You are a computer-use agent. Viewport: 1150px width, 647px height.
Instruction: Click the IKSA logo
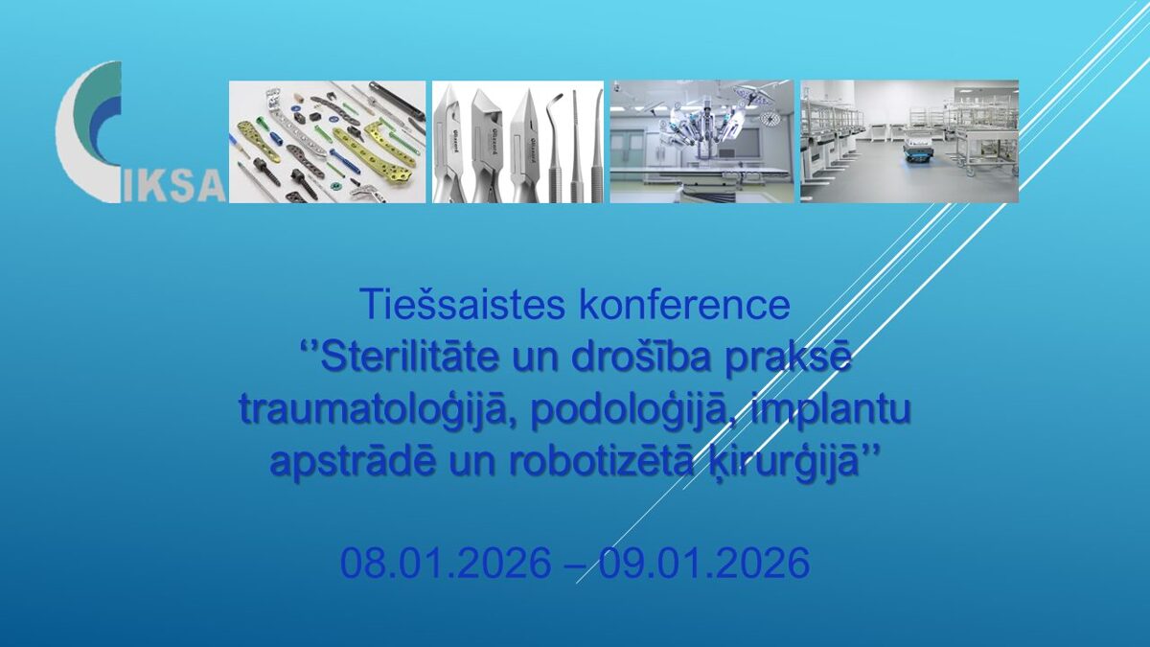click(x=139, y=132)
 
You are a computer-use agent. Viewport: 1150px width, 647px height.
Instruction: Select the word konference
click(x=684, y=305)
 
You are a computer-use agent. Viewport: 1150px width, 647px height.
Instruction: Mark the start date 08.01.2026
click(x=446, y=563)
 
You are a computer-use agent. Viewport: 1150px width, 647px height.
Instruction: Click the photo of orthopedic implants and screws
click(x=327, y=142)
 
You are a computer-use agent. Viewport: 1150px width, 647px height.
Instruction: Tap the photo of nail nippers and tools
click(x=517, y=142)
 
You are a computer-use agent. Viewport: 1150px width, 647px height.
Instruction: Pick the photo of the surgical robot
click(x=701, y=142)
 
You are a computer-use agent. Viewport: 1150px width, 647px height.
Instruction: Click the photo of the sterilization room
click(x=909, y=142)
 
